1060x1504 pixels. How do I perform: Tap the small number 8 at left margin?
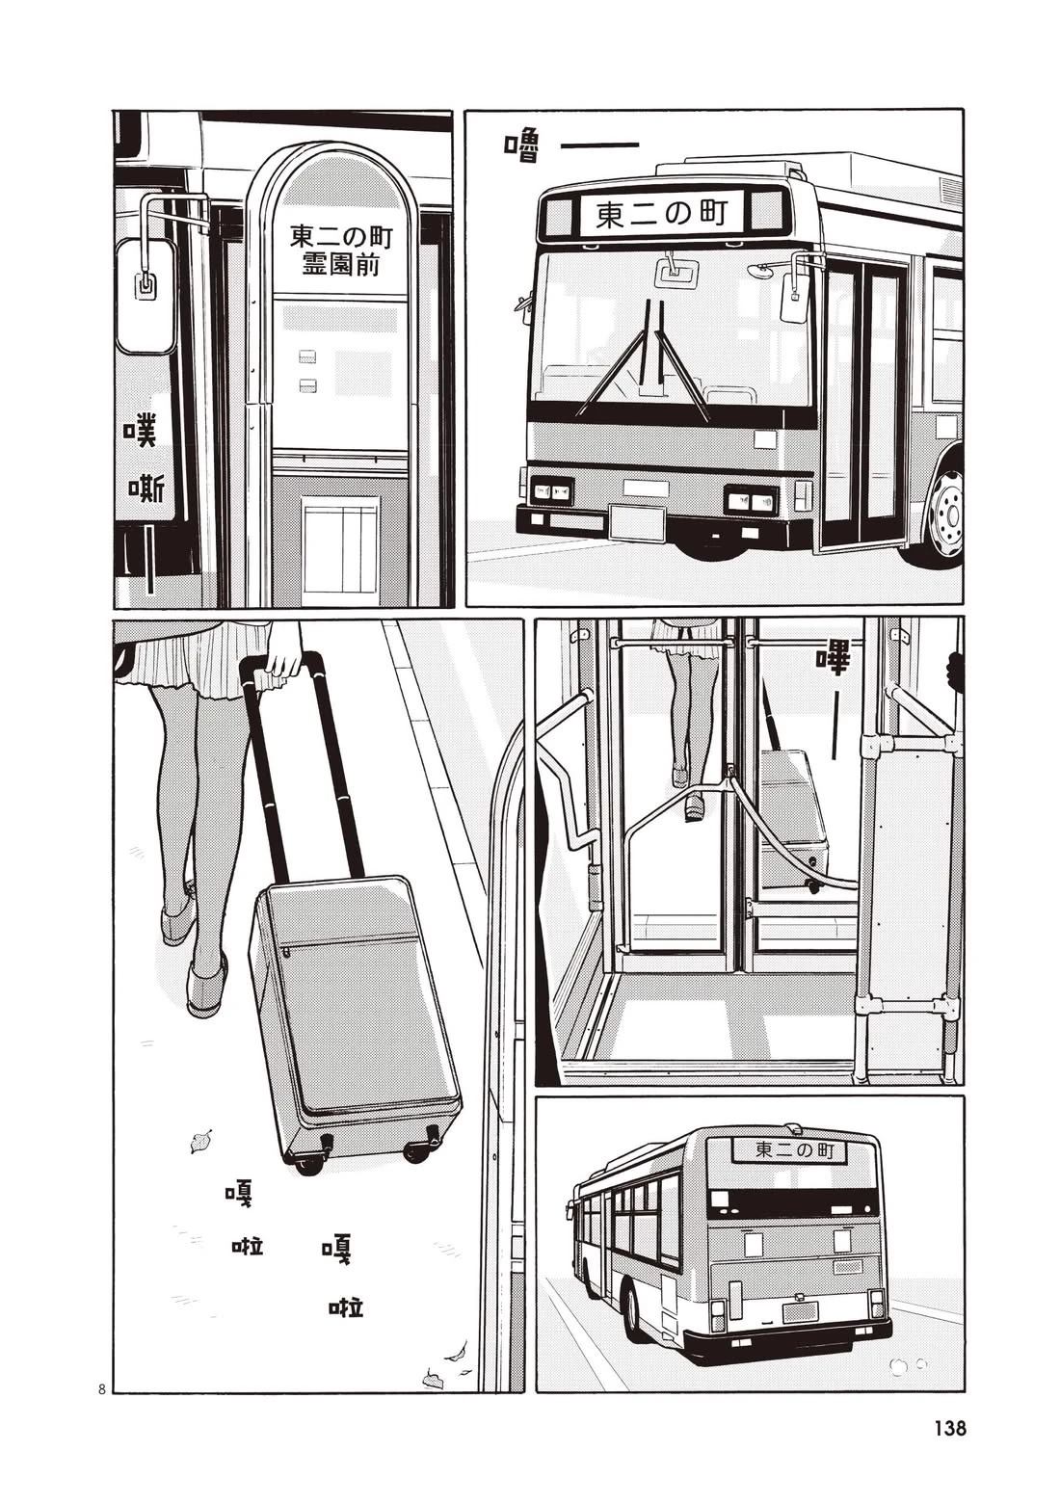pyautogui.click(x=101, y=1388)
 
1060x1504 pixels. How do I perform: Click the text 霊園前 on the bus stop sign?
pyautogui.click(x=340, y=263)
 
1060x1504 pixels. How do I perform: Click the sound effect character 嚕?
pyautogui.click(x=521, y=147)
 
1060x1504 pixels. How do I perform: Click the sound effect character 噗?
pyautogui.click(x=141, y=431)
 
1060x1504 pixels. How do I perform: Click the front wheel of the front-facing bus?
pyautogui.click(x=944, y=516)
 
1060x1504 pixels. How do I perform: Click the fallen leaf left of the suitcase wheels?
pyautogui.click(x=201, y=1143)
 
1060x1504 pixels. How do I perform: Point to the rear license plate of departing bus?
pyautogui.click(x=800, y=1311)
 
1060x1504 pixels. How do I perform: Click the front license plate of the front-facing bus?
pyautogui.click(x=637, y=522)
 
